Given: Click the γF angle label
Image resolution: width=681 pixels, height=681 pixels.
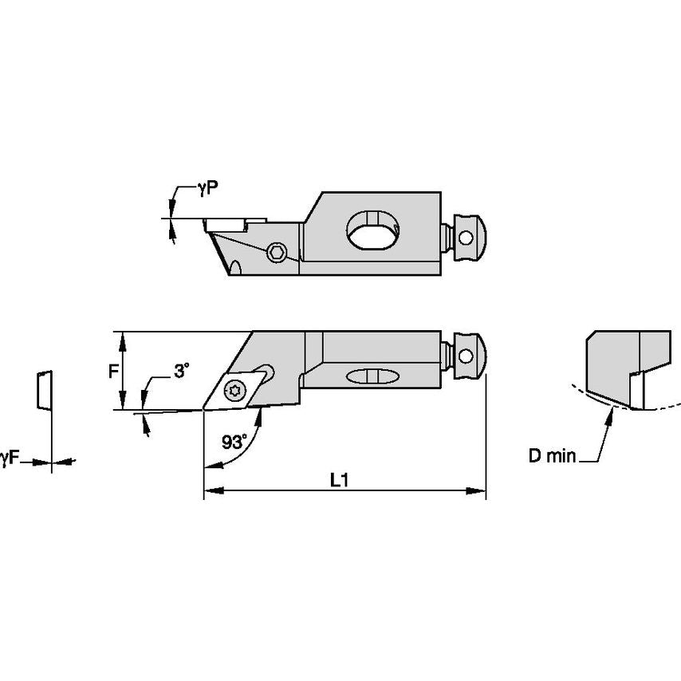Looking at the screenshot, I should click(x=10, y=457).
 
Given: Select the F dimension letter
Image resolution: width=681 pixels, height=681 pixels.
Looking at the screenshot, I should click(x=114, y=370).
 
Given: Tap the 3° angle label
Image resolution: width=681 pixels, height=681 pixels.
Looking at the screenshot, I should click(x=182, y=371).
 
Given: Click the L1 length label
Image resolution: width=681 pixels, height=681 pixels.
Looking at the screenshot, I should click(x=340, y=480).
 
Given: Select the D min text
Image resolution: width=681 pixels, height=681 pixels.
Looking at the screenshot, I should click(x=552, y=457).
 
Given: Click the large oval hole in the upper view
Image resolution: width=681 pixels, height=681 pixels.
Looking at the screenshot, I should click(x=372, y=231).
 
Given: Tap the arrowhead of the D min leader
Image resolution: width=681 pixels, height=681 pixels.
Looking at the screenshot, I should click(x=611, y=409).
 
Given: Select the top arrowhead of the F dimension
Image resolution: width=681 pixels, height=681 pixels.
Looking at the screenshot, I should click(x=121, y=338).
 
